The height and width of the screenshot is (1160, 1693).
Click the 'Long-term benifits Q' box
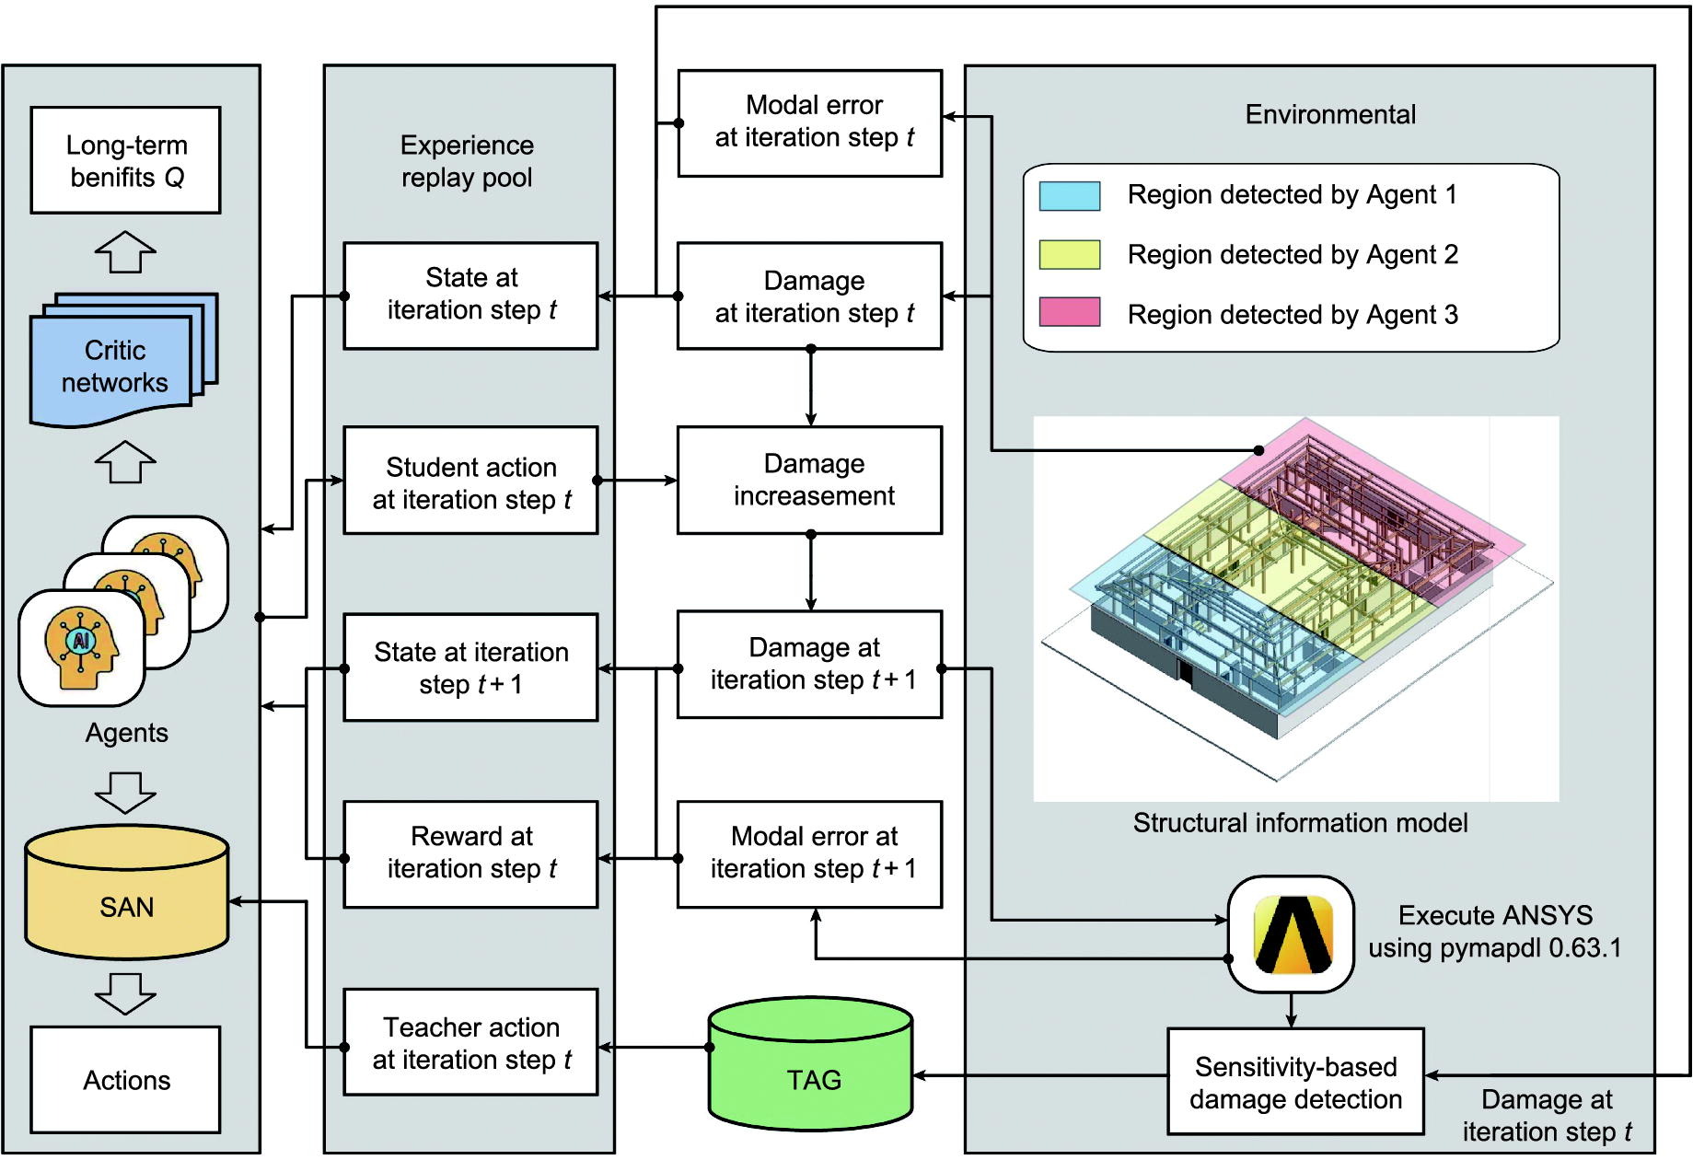(125, 160)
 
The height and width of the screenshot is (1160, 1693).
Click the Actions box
(125, 1080)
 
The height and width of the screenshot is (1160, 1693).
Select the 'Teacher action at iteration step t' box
(470, 1042)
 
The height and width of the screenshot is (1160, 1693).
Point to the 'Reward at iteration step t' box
(470, 853)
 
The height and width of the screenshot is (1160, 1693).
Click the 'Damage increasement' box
(809, 480)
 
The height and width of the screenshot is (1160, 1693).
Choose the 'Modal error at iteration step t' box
(809, 122)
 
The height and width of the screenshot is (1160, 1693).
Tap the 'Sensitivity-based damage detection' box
(1295, 1082)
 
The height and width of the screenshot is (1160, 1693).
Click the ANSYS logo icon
(1291, 934)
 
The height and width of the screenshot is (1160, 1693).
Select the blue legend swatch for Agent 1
(1070, 196)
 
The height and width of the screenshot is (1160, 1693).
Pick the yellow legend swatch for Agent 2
(1070, 255)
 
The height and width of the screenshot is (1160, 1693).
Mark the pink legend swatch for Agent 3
(1070, 312)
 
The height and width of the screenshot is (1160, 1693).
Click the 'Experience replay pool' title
(467, 161)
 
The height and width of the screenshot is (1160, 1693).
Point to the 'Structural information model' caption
(1300, 823)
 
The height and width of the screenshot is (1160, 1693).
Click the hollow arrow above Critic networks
(125, 251)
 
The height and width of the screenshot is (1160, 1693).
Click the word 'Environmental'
(1330, 115)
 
